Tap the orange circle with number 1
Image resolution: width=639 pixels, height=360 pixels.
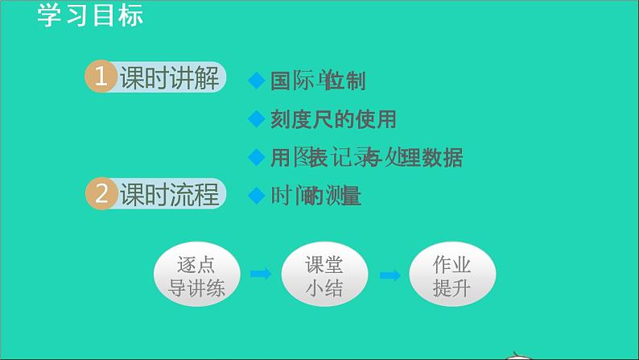101,78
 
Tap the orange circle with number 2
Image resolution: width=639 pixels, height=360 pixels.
101,195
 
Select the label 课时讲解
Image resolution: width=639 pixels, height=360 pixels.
169,79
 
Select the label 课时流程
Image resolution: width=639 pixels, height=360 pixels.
169,195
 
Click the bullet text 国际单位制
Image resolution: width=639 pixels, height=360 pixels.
318,81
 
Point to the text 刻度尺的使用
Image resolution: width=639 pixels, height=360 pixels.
333,119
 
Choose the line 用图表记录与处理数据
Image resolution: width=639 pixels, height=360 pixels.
366,157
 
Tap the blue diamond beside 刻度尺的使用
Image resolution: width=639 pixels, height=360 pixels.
256,119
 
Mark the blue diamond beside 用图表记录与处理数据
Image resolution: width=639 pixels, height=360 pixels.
256,156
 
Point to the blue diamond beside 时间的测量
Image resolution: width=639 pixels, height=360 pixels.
256,195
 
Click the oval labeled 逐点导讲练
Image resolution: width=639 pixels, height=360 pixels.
197,275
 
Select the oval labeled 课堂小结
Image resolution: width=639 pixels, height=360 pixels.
324,275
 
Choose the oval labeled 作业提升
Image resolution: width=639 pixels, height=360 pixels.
451,275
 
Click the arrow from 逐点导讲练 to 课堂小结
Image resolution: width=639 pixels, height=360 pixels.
261,275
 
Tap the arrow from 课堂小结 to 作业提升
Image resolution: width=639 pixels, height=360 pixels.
390,275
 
